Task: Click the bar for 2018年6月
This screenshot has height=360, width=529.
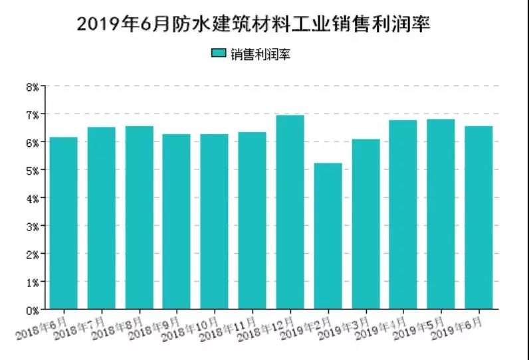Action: coord(63,223)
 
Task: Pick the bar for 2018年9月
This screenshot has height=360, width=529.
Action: coord(177,222)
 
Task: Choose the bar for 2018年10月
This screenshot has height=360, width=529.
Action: coord(214,222)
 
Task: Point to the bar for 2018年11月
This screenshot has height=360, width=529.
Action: coord(252,221)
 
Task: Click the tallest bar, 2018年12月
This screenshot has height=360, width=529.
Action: coord(290,212)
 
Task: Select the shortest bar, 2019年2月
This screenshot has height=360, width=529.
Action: coord(328,236)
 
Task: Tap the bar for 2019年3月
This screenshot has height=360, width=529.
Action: coord(366,224)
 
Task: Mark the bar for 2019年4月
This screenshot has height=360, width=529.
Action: coord(403,215)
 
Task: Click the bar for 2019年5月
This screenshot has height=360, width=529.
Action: coord(441,214)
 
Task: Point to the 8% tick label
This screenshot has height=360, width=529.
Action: coord(33,86)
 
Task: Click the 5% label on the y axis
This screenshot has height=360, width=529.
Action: coord(33,170)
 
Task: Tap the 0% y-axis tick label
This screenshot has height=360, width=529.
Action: coord(33,310)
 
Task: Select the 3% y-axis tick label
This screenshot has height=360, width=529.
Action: coord(33,226)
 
